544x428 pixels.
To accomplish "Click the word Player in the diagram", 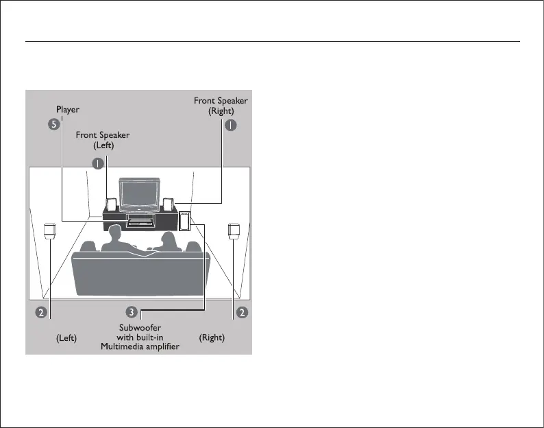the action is point(68,109).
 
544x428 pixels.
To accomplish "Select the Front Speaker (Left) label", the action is point(102,140).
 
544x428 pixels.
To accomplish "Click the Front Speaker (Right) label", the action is point(221,106).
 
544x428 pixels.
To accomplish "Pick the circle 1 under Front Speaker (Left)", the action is point(99,163).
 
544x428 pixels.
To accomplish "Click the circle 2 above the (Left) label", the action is point(41,312).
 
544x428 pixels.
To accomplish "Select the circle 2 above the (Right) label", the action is point(241,312).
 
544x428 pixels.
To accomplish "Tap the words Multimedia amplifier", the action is point(140,346).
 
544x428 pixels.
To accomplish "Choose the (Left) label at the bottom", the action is point(66,338).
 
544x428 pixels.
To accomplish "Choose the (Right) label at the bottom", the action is point(212,338).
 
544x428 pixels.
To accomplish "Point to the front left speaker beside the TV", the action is point(111,204).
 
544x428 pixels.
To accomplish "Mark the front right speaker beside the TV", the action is point(168,204).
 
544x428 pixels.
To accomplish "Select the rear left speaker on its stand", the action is point(50,230).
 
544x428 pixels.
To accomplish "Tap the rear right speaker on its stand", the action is point(234,230).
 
